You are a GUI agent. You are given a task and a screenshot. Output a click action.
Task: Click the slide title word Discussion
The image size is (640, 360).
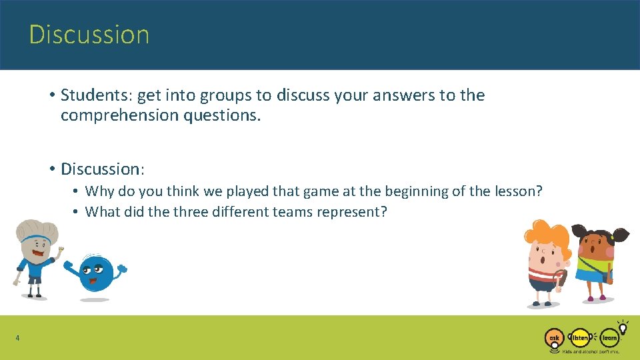(x=89, y=35)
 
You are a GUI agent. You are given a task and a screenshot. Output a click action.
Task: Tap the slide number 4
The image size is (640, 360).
(x=17, y=339)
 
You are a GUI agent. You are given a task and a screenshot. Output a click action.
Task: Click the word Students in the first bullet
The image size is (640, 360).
(x=95, y=95)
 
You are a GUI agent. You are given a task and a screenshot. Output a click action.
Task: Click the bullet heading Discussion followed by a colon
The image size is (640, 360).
(x=103, y=169)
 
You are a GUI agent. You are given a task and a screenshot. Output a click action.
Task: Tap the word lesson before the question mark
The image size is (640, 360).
(x=518, y=191)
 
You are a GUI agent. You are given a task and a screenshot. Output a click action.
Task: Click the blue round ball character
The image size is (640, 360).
(x=95, y=274)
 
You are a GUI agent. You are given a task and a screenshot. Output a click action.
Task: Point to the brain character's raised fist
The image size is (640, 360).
(x=60, y=251)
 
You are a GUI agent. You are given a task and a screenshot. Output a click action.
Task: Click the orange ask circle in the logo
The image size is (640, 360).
(x=554, y=338)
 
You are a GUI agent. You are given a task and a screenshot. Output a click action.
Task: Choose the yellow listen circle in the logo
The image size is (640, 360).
(x=581, y=338)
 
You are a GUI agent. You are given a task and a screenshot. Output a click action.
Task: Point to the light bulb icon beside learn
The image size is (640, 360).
(x=623, y=327)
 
